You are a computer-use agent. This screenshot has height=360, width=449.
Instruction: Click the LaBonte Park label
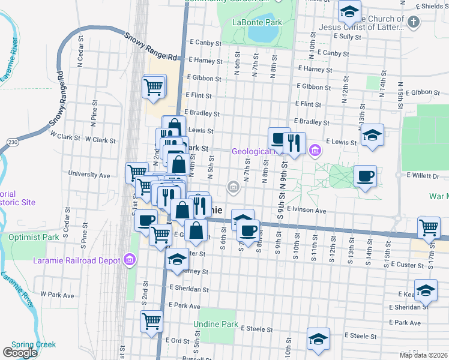coord(257,22)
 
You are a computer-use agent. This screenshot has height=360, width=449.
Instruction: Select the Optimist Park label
coord(34,237)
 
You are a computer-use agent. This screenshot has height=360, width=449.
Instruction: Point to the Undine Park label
coord(216,324)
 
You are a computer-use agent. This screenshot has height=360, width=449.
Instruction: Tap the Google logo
coord(20,353)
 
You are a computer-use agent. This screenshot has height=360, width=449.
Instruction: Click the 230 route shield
coord(13,142)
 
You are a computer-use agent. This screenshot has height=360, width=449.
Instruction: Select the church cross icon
coord(412,23)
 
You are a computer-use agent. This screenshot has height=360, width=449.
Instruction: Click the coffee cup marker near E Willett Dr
coord(365,176)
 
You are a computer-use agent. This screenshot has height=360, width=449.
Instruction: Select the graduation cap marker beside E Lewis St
coord(372,135)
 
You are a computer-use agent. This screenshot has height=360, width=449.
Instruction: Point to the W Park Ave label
coord(57,295)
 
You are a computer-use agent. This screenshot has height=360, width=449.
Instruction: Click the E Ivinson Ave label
coord(306,211)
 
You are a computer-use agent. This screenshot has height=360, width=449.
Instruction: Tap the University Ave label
coord(89,175)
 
